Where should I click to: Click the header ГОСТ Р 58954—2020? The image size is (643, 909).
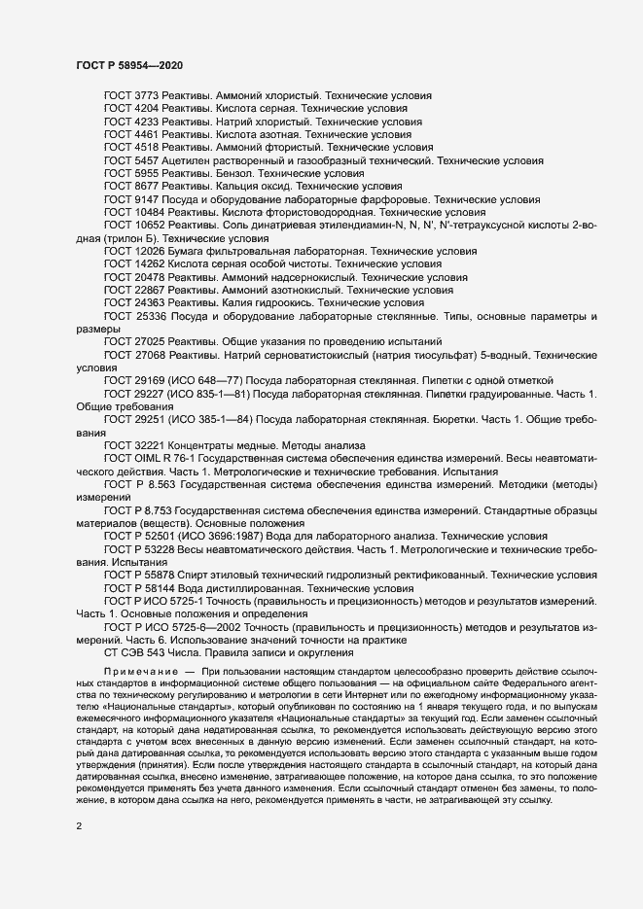127,64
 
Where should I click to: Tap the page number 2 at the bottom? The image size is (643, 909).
78,828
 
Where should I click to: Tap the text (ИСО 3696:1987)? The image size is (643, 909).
212,536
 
